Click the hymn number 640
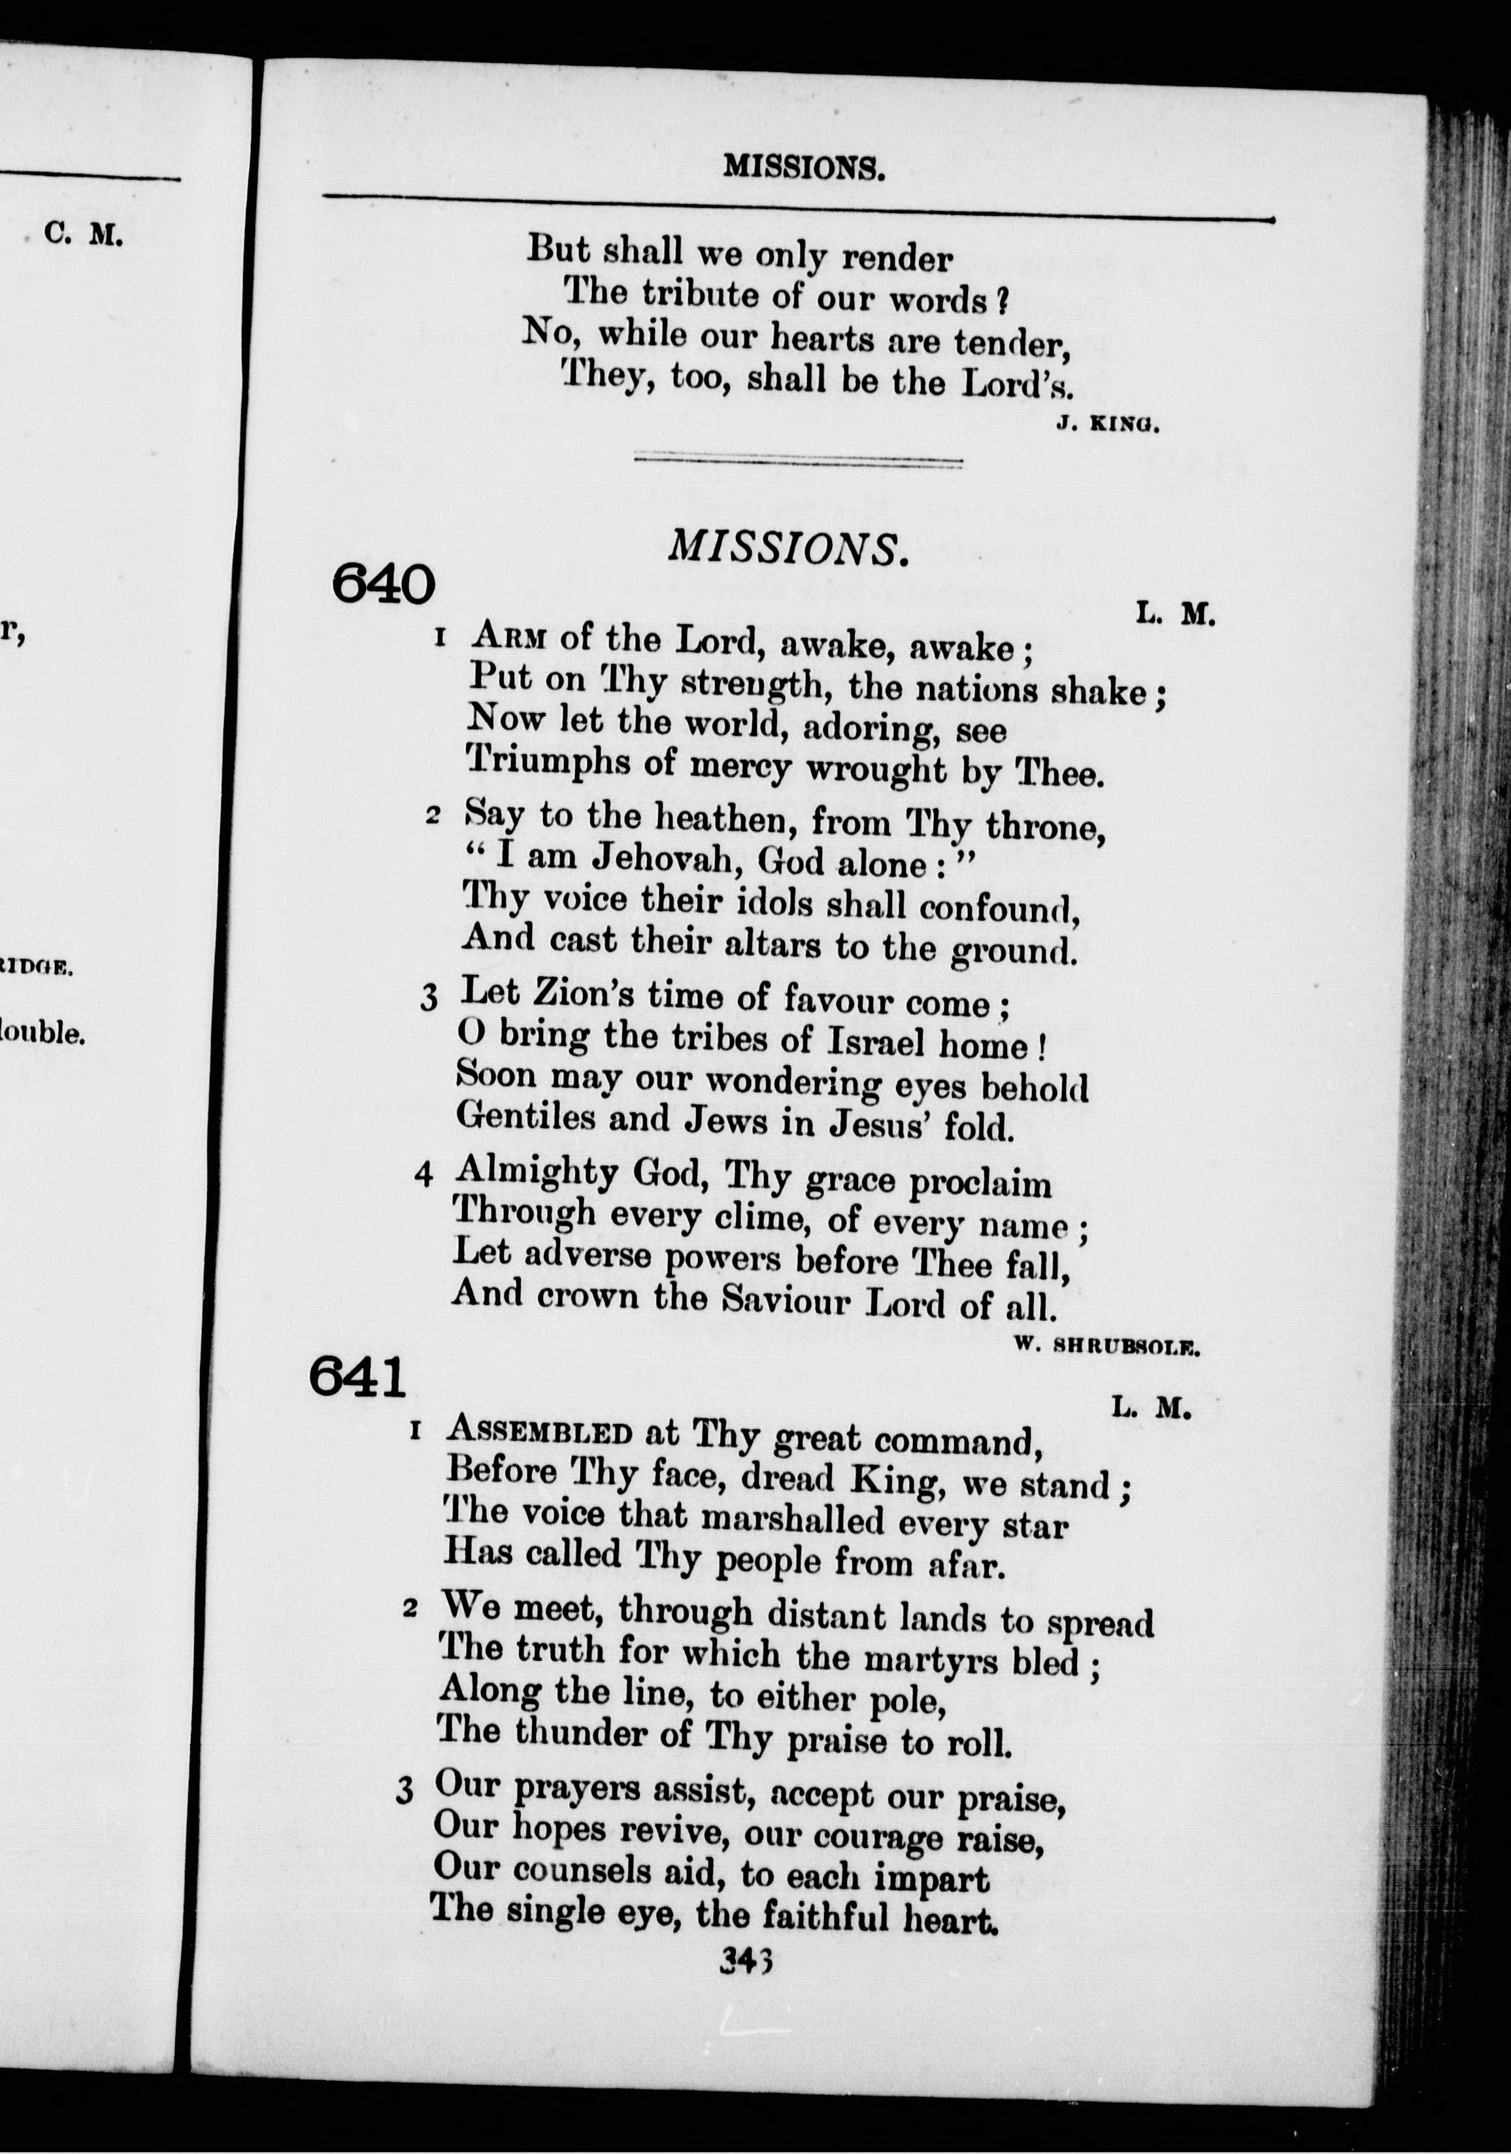383,584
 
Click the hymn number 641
357,1377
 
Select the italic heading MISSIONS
788,548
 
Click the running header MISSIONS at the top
804,169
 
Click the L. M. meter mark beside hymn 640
1175,614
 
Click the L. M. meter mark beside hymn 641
1151,1407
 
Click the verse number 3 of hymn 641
405,1791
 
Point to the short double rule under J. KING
797,461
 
